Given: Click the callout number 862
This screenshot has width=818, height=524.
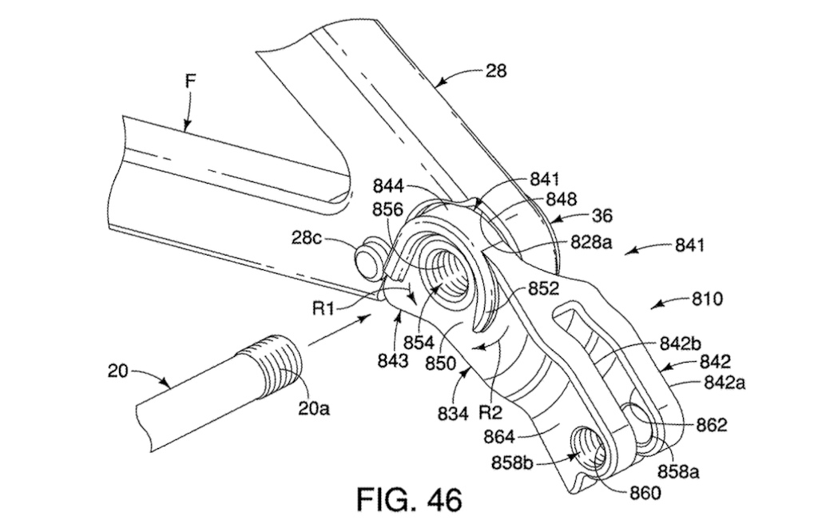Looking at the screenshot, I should click(710, 425).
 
